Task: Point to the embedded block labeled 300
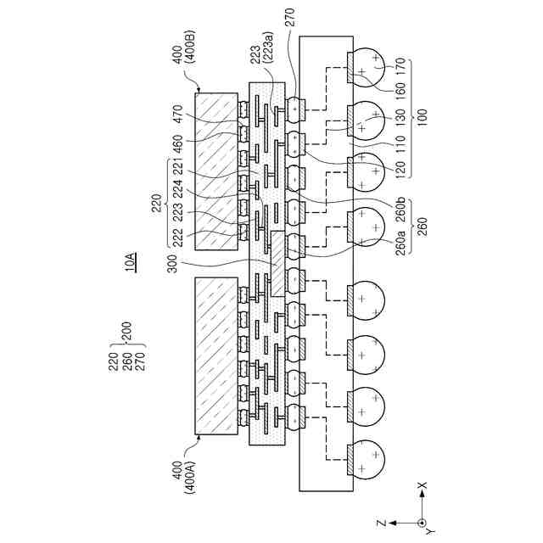pos(277,264)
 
